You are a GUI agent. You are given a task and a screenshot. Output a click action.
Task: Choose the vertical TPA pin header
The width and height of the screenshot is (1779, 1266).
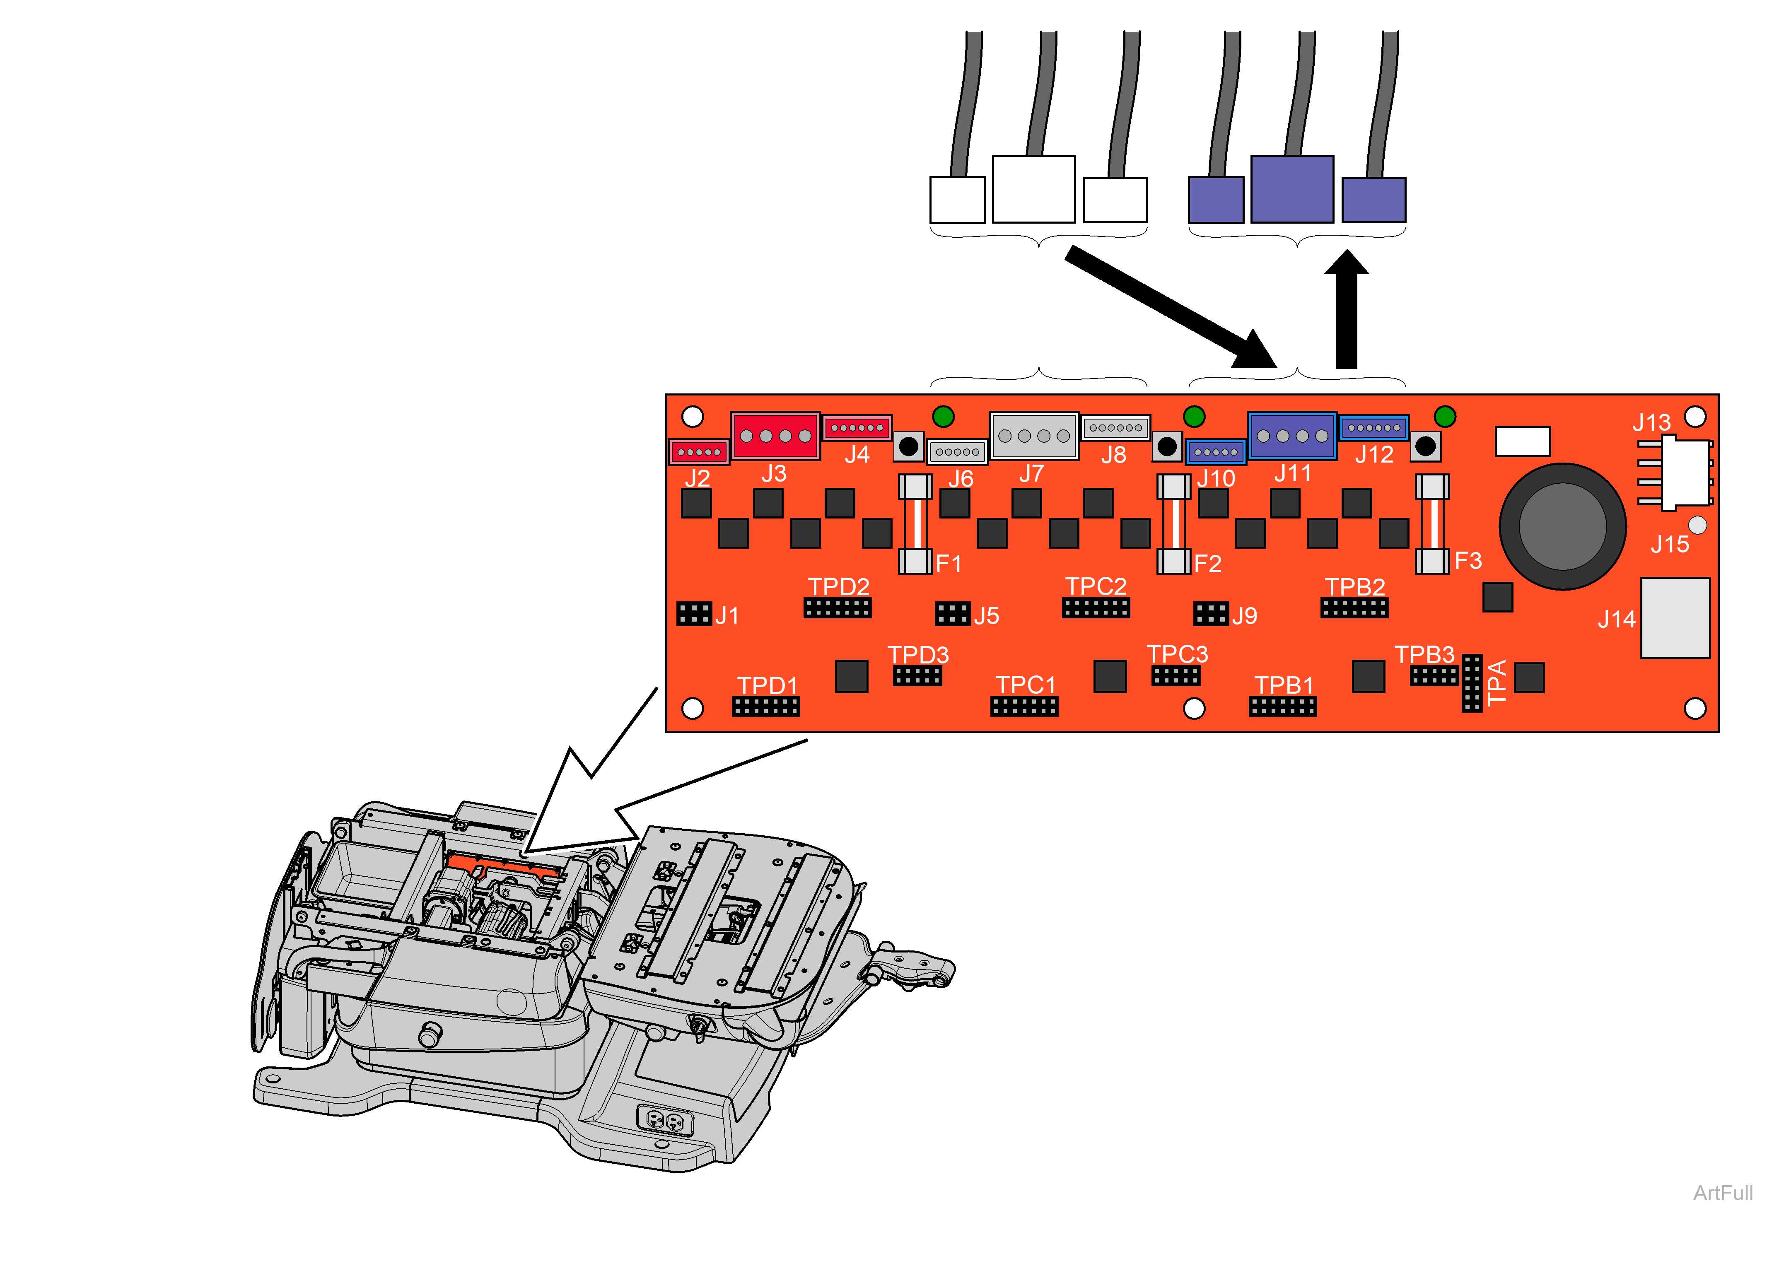1471,683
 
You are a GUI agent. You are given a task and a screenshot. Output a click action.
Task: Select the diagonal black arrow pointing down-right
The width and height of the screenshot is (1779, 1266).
1169,308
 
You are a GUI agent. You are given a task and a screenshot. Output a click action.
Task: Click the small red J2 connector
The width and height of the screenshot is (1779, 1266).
698,452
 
